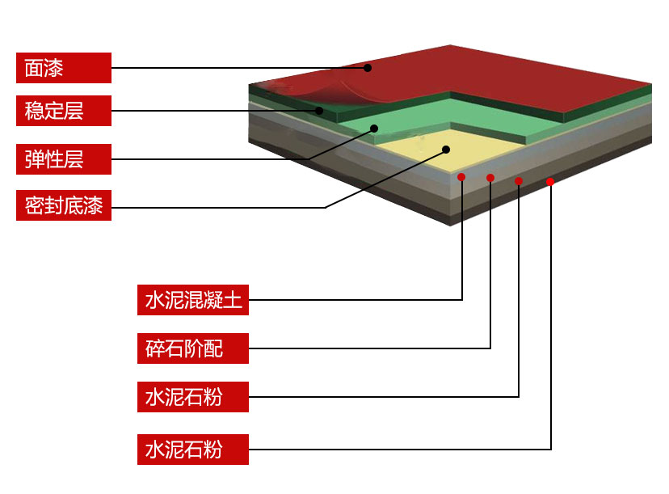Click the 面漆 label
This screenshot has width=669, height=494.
click(63, 68)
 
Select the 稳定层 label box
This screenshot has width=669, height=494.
click(63, 111)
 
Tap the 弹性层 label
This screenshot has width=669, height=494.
click(63, 158)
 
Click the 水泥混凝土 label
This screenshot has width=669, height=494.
click(192, 300)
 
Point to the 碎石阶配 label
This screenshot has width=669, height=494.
click(192, 349)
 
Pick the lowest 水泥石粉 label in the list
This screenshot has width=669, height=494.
click(192, 450)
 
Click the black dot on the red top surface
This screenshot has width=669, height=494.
click(368, 68)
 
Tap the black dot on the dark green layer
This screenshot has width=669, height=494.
click(320, 111)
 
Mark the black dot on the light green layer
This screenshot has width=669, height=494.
click(375, 128)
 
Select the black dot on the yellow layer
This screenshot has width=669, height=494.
click(447, 149)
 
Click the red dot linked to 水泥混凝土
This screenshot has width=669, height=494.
click(461, 176)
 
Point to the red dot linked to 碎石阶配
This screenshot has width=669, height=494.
click(490, 178)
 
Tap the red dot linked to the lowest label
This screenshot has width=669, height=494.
click(550, 182)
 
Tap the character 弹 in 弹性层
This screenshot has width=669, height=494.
click(34, 158)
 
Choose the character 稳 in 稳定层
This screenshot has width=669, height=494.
click(34, 111)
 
